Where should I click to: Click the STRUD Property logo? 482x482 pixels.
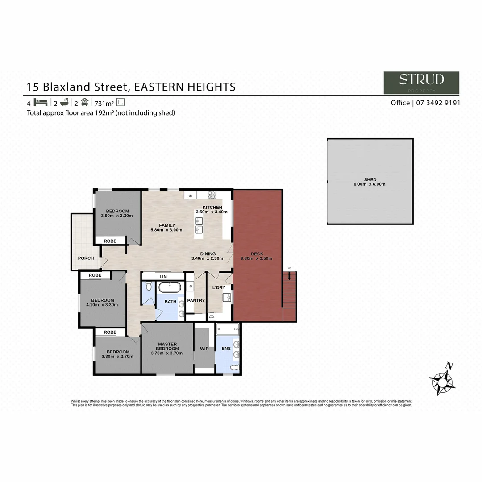click(421, 83)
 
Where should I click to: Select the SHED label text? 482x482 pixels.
click(370, 179)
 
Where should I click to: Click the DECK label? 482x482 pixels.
click(257, 254)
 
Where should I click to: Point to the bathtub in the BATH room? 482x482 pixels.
click(170, 287)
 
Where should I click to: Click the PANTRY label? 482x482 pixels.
click(195, 301)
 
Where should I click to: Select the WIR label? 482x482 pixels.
click(204, 348)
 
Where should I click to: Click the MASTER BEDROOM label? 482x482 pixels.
click(167, 346)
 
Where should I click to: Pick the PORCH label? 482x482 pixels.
click(86, 258)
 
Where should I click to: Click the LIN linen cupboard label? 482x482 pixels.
click(163, 277)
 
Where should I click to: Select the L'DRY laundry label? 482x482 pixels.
click(218, 287)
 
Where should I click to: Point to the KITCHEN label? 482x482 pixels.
click(212, 208)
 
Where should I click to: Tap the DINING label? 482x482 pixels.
click(208, 254)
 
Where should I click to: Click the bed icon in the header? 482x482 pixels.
click(40, 102)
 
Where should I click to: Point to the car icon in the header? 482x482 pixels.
click(85, 102)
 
